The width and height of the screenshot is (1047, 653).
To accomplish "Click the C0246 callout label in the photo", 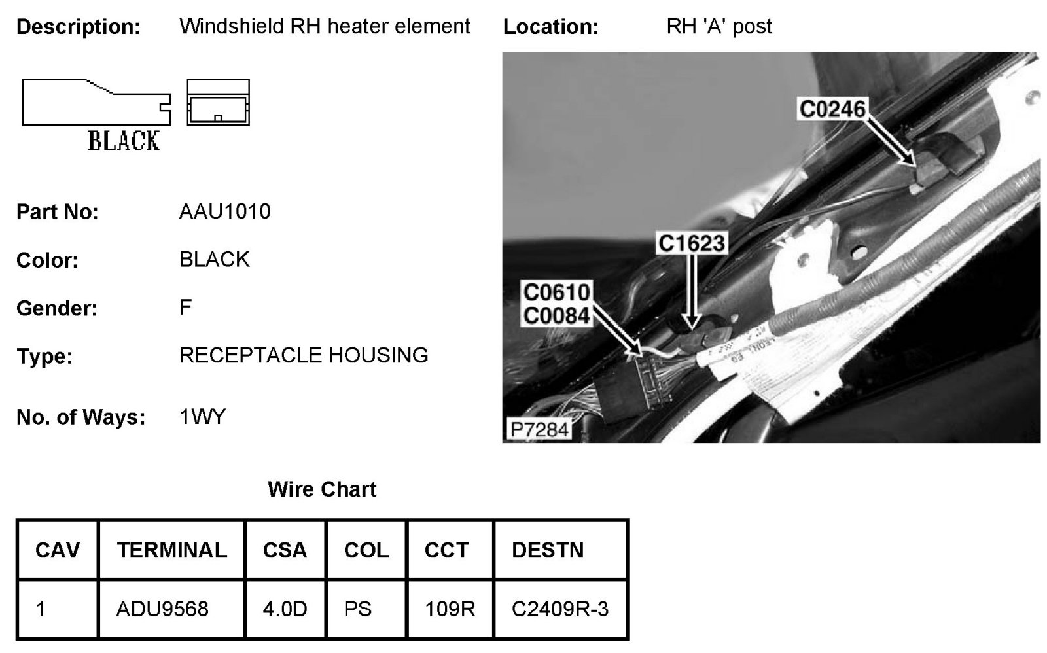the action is tap(832, 109).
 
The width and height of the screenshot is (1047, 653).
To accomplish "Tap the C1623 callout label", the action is tap(692, 243).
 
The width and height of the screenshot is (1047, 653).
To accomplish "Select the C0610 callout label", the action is tap(557, 292).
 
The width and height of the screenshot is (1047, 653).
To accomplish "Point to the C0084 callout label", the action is tap(557, 316).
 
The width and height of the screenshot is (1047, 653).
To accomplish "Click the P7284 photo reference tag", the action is tap(540, 429).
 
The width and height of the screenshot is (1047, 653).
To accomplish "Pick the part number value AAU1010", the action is tap(224, 211).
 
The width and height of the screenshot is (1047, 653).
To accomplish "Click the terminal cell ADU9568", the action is tap(162, 609).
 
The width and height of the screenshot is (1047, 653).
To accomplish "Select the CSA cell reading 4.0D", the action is tap(285, 609).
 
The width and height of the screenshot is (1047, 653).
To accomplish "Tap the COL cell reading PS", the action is tap(358, 609).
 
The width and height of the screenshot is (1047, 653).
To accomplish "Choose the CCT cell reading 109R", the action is tap(450, 609).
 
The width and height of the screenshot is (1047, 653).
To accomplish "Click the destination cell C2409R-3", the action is tap(560, 609).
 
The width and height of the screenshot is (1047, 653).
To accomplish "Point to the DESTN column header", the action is tap(548, 550).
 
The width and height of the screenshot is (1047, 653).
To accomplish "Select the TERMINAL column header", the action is tap(171, 550).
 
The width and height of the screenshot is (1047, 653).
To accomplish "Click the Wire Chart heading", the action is tap(322, 489).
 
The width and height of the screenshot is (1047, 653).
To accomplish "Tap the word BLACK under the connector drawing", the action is tap(124, 141).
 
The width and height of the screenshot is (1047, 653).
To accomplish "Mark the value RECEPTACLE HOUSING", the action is tap(304, 355).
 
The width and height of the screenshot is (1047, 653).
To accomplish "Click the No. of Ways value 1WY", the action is tap(202, 417).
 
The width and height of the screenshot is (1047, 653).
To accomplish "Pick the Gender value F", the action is tap(185, 307).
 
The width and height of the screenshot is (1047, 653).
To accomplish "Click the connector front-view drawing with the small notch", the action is tap(218, 103).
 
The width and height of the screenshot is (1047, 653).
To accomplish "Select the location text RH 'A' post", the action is tap(719, 26).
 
